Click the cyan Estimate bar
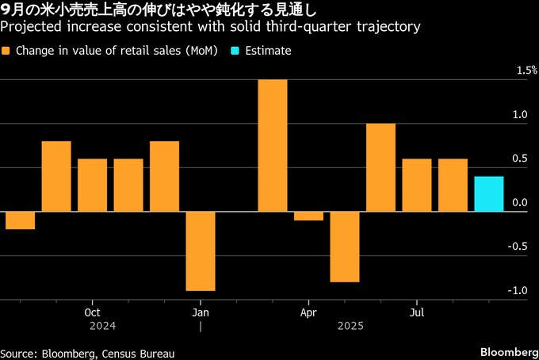489,194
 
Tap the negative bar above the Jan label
201,251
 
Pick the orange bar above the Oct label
92,186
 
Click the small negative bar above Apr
308,216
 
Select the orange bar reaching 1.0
380,167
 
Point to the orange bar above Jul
417,186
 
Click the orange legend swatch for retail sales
6,51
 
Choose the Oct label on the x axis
92,312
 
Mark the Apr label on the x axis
308,312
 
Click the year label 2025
350,326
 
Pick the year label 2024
103,326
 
